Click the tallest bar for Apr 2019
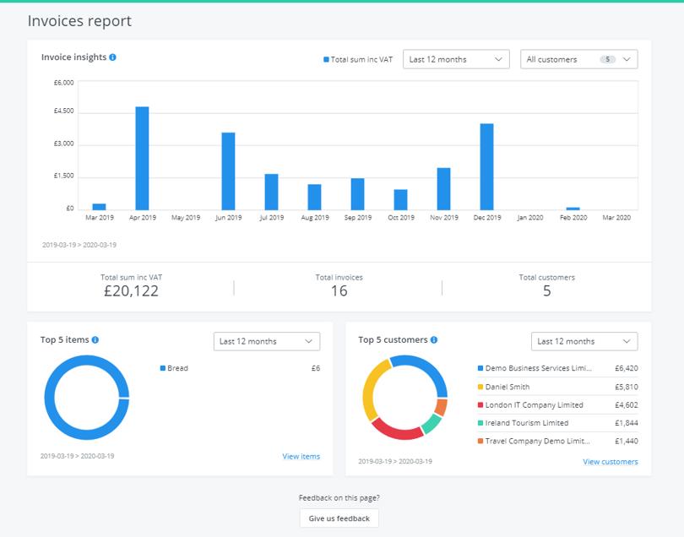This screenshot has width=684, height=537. (x=142, y=158)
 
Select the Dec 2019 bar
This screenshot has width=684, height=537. (x=486, y=166)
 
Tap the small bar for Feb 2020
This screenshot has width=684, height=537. (x=573, y=208)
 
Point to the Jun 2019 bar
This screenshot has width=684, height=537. (x=228, y=171)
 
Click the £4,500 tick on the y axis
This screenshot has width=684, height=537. (x=63, y=111)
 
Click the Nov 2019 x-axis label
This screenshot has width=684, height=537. (x=443, y=218)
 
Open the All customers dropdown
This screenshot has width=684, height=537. (x=578, y=59)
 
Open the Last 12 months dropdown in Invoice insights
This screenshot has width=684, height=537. (x=456, y=59)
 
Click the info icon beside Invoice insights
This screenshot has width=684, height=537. (x=113, y=57)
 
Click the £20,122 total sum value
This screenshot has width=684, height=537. (x=130, y=291)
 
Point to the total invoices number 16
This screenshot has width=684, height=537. (x=339, y=291)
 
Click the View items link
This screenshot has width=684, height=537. (x=301, y=457)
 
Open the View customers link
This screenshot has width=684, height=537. (x=610, y=462)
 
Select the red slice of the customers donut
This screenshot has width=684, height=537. (x=396, y=431)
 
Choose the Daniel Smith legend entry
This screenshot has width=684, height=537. (x=508, y=387)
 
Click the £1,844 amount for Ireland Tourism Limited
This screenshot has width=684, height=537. (x=626, y=423)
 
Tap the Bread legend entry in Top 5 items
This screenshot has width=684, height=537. (x=177, y=368)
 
